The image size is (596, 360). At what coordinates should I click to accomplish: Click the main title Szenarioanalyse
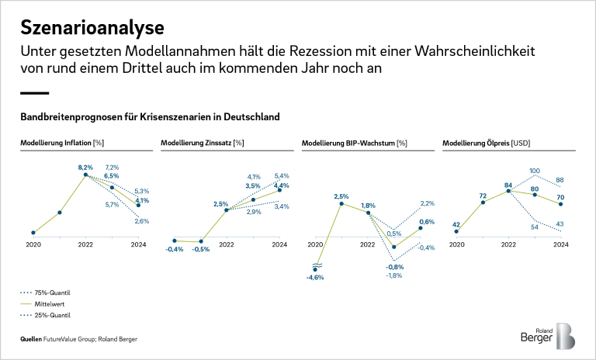point(92,28)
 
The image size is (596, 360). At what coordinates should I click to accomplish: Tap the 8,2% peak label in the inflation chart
point(85,167)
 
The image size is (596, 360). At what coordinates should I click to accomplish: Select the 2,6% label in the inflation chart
point(141,221)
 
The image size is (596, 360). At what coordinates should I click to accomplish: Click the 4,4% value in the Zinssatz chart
point(282,185)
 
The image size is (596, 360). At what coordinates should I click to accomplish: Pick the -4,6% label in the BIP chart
point(314,278)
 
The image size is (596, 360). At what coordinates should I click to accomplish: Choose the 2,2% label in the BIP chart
point(427,203)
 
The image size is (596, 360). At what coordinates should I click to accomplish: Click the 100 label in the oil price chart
point(535,171)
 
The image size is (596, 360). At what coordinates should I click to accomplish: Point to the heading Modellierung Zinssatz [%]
point(202,143)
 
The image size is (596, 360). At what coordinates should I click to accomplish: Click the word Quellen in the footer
point(32,340)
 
